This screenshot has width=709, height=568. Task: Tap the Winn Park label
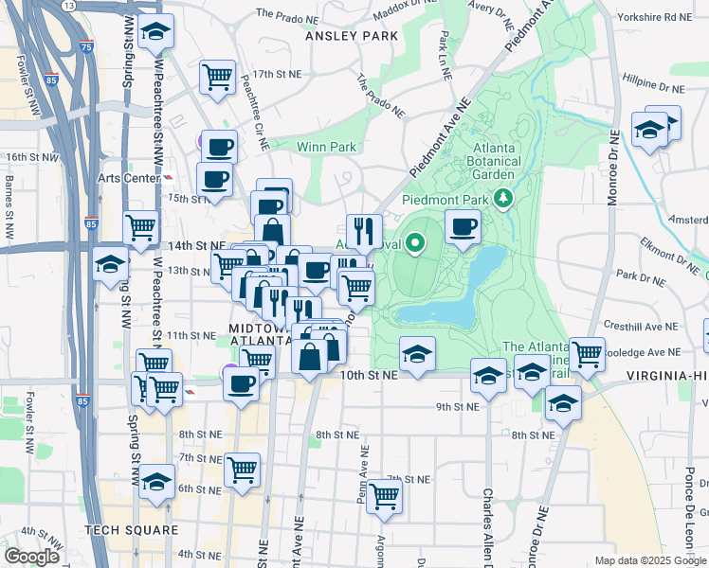[x=326, y=147]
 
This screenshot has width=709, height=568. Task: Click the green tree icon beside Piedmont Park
[x=506, y=199]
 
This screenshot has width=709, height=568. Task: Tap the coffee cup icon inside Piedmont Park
[x=463, y=226]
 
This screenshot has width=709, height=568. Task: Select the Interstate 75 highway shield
[x=87, y=44]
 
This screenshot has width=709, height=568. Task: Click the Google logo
[x=32, y=556]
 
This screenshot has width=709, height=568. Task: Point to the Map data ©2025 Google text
[x=649, y=560]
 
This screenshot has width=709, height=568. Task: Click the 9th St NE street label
[x=459, y=406]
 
